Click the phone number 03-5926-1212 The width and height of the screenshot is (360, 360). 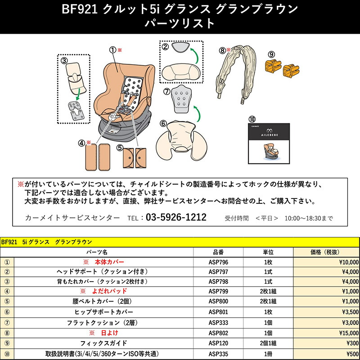(x=175, y=218)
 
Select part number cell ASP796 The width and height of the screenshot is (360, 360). (x=218, y=261)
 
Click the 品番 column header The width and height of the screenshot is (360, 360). (x=218, y=252)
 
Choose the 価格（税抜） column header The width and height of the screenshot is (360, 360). (x=326, y=252)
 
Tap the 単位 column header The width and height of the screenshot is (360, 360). (x=268, y=252)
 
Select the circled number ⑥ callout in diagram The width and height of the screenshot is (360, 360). (x=163, y=122)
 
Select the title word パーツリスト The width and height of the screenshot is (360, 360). (x=180, y=23)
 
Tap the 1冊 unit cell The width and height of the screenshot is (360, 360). (x=268, y=354)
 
